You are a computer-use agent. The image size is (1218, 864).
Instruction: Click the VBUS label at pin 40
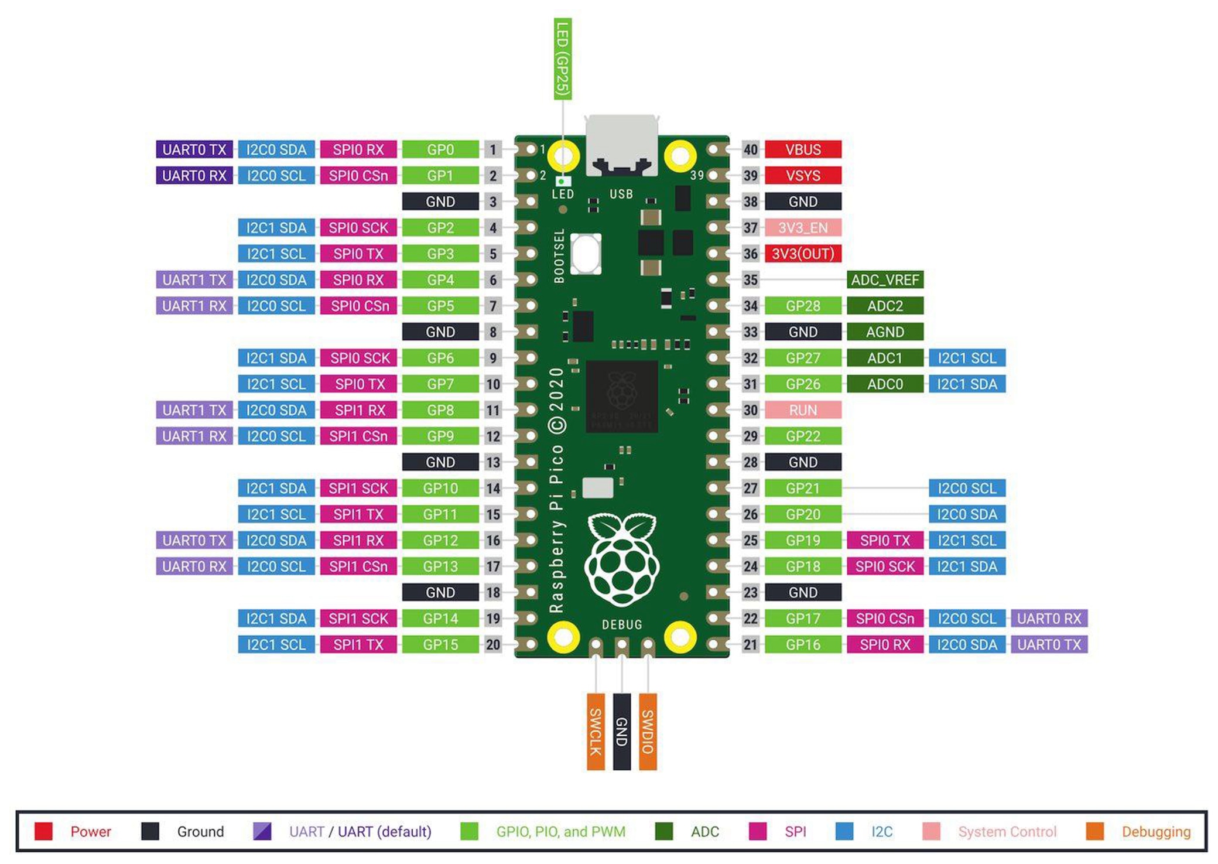coord(803,149)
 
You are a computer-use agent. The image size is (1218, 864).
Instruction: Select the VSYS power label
coord(803,175)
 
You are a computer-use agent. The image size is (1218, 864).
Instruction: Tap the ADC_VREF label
coord(885,279)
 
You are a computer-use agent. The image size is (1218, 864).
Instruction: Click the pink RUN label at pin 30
coord(803,410)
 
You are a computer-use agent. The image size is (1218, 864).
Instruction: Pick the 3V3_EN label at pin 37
coord(803,227)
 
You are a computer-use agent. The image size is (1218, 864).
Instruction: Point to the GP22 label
coord(803,436)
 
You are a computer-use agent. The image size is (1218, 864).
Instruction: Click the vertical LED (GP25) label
coord(563,59)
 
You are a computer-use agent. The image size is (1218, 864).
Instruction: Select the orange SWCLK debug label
coord(596,732)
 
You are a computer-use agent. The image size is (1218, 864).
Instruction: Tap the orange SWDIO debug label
coord(648,732)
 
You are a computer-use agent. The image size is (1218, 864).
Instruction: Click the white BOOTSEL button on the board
coord(586,254)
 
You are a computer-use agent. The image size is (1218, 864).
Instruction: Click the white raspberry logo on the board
coord(622,559)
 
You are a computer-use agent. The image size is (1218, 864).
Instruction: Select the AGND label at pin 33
coord(885,332)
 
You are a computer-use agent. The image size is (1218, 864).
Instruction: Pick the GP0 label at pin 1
coord(440,149)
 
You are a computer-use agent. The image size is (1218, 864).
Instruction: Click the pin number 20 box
coord(493,644)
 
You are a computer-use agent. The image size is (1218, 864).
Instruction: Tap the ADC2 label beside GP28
coord(885,306)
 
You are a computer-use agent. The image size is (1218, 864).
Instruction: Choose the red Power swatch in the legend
coord(44,831)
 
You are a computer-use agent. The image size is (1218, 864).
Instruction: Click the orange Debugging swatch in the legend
coord(1094,831)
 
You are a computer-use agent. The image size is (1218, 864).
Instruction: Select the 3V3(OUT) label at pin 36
coord(803,254)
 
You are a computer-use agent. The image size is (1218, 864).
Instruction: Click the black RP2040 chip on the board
coord(622,396)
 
